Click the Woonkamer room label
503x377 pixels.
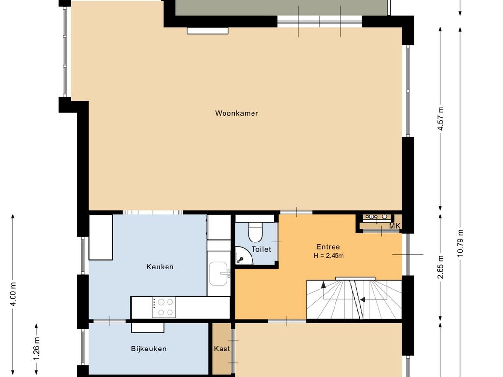coord(236,113)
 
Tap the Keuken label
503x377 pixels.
coord(160,267)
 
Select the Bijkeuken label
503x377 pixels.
coord(148,349)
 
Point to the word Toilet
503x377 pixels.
coord(261,249)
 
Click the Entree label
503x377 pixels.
coord(328,247)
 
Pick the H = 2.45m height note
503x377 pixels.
coord(329,256)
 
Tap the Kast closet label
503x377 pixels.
coord(222,349)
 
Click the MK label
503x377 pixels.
coord(394,226)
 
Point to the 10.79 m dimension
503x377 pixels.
coord(460,242)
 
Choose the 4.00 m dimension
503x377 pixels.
coord(13,294)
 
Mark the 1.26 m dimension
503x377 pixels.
coord(36,348)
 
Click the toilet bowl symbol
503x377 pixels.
coord(255,232)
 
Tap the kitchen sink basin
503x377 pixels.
coord(219,273)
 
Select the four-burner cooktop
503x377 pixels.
coord(164,307)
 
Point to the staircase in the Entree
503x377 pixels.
coord(354,299)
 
